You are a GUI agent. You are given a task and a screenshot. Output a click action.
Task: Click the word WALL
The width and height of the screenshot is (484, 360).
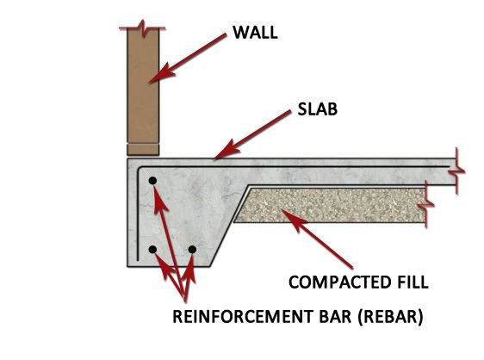pyautogui.click(x=255, y=34)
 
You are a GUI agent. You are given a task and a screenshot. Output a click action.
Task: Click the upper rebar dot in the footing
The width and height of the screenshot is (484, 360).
pyautogui.click(x=152, y=181)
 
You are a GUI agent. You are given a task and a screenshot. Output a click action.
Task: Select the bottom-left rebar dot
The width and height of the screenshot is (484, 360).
pyautogui.click(x=152, y=250)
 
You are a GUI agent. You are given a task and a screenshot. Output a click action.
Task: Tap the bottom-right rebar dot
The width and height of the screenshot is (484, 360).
pyautogui.click(x=192, y=250)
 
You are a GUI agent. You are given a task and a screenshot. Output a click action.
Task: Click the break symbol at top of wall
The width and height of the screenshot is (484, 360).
pyautogui.click(x=142, y=26)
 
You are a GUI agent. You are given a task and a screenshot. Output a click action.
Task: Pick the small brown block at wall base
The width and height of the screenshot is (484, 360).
pyautogui.click(x=142, y=148)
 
